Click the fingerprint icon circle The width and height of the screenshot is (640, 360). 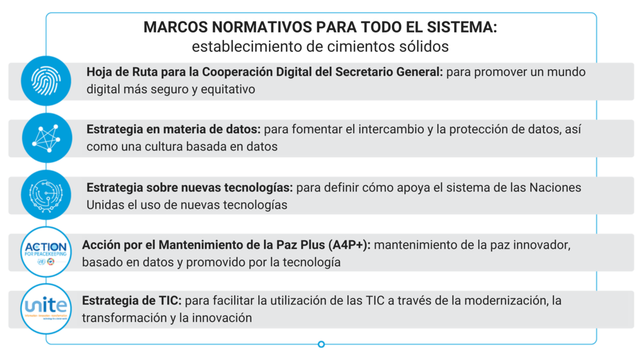click(46, 81)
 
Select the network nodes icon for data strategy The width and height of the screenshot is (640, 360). click(46, 138)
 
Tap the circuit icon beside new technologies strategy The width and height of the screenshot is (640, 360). click(46, 195)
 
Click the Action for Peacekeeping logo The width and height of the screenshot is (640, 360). click(46, 252)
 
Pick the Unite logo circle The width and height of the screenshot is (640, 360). click(46, 308)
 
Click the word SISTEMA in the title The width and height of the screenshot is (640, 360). click(461, 28)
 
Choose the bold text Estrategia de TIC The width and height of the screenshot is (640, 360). click(131, 301)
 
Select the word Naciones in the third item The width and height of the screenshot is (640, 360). click(556, 187)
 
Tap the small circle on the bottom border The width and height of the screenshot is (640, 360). click(321, 344)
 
